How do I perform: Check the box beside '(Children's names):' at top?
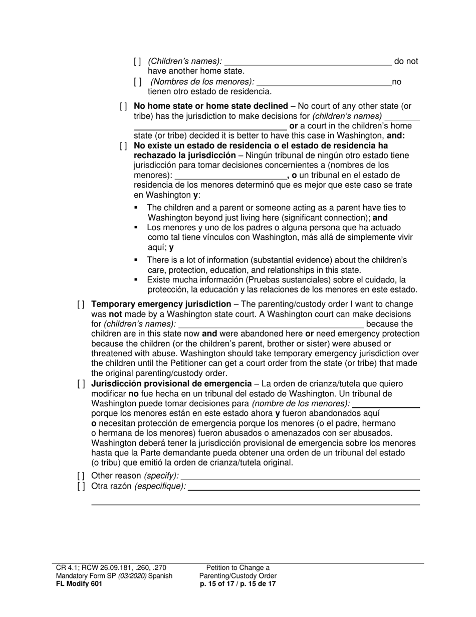pos(137,62)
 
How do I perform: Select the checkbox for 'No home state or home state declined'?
pos(123,106)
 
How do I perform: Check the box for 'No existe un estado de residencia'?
pos(123,146)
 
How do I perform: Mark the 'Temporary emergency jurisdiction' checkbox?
pos(81,304)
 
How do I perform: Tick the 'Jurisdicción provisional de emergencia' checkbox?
pos(81,384)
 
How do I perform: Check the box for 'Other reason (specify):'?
pos(81,476)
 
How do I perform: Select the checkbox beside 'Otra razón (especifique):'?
pos(81,486)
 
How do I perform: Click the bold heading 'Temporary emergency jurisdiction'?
pos(161,304)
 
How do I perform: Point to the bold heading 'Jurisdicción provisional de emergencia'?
pos(171,384)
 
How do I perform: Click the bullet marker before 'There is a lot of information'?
pos(136,260)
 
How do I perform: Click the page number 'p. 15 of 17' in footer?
pos(218,584)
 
